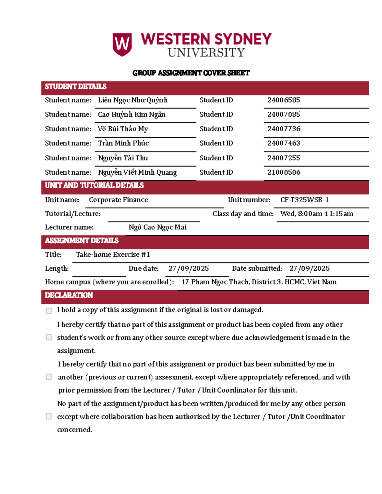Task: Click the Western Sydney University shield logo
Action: [x=122, y=45]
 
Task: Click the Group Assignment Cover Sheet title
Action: [x=191, y=73]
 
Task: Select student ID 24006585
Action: [x=284, y=100]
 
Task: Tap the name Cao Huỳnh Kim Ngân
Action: [x=131, y=115]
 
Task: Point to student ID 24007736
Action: [x=284, y=129]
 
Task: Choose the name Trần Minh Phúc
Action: [x=124, y=143]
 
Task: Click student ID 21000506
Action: [x=284, y=172]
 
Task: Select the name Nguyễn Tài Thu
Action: [x=123, y=158]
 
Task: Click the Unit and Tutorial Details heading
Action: [x=94, y=185]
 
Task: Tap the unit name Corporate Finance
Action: [x=118, y=200]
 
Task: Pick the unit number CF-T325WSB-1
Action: [x=304, y=200]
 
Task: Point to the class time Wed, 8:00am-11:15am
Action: [x=317, y=214]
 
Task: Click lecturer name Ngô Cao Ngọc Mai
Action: [x=158, y=227]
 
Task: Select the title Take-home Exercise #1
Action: [x=113, y=254]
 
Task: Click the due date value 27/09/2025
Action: [x=188, y=268]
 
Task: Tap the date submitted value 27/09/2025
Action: [x=309, y=268]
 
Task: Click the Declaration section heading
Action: [x=69, y=295]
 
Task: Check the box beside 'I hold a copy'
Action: [x=49, y=311]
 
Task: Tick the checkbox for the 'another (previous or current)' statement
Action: [x=49, y=377]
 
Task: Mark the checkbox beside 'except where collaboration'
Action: [x=49, y=416]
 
